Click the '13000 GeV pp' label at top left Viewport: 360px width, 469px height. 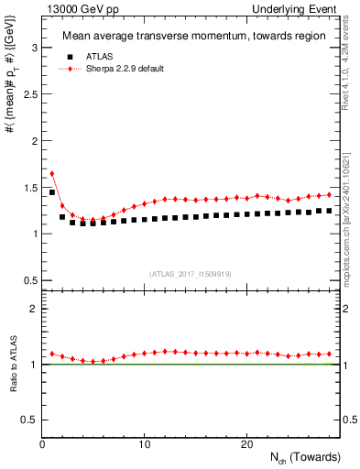coord(69,8)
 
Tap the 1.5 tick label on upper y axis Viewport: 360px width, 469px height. coord(27,187)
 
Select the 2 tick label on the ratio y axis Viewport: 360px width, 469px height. coord(31,309)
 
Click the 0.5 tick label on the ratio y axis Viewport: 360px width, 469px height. coord(27,420)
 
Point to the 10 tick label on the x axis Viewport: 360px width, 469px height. coord(144,444)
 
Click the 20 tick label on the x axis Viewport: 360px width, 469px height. coord(245,444)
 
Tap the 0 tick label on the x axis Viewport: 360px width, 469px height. coord(42,444)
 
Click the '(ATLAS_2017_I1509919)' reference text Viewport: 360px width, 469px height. coord(191,274)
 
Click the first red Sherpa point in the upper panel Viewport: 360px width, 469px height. coord(52,173)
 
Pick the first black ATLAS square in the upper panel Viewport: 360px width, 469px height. coord(52,192)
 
